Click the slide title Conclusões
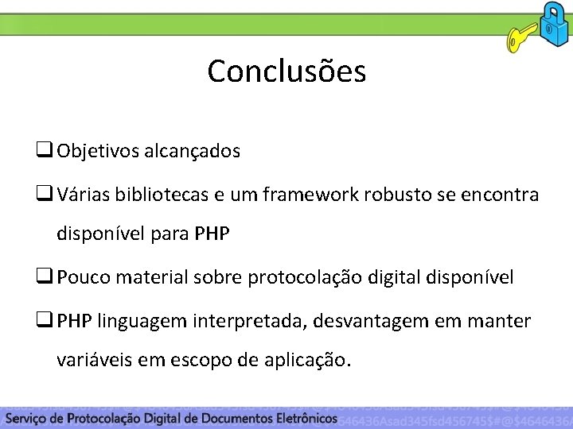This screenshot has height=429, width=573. tap(286, 71)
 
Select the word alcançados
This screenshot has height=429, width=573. tap(192, 151)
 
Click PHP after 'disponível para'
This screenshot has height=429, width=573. tap(212, 234)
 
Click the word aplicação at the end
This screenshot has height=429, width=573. tap(308, 361)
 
